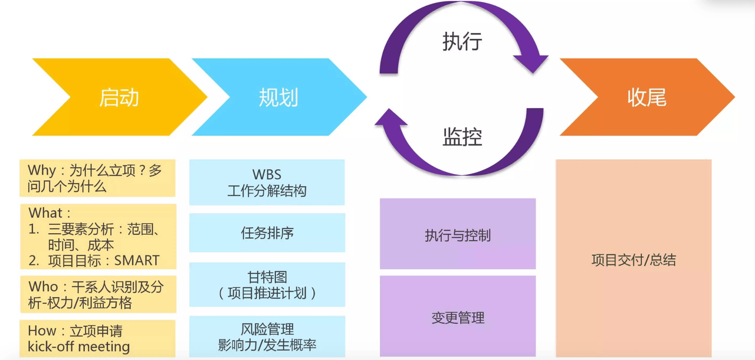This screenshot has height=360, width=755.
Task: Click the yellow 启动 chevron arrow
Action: (x=118, y=97)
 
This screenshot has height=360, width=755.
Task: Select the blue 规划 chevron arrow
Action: (x=278, y=97)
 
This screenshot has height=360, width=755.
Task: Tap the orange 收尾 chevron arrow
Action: (x=646, y=97)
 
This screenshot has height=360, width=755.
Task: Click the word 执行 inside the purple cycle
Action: (x=462, y=42)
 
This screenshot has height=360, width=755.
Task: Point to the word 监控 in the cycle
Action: (x=462, y=137)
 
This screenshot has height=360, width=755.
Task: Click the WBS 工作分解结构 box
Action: (x=267, y=182)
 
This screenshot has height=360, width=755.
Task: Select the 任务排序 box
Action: (x=267, y=233)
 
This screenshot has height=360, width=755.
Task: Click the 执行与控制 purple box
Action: (x=457, y=235)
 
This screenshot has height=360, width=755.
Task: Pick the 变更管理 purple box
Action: (x=457, y=318)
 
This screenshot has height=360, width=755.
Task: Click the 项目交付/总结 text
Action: (x=633, y=260)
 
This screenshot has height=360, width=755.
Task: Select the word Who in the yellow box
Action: (x=44, y=287)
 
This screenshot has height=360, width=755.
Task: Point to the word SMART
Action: (x=137, y=260)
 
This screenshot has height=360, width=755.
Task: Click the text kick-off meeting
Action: (x=78, y=346)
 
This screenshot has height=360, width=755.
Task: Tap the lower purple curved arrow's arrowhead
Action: (x=390, y=117)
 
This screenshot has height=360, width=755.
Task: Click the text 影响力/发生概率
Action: (x=267, y=345)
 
